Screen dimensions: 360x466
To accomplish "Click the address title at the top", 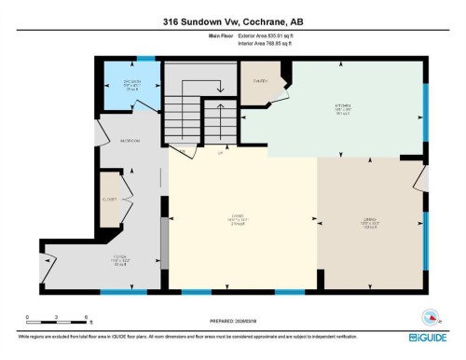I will (233, 20).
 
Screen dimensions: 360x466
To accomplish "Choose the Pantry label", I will (262, 82).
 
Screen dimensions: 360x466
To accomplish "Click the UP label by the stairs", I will (220, 152).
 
